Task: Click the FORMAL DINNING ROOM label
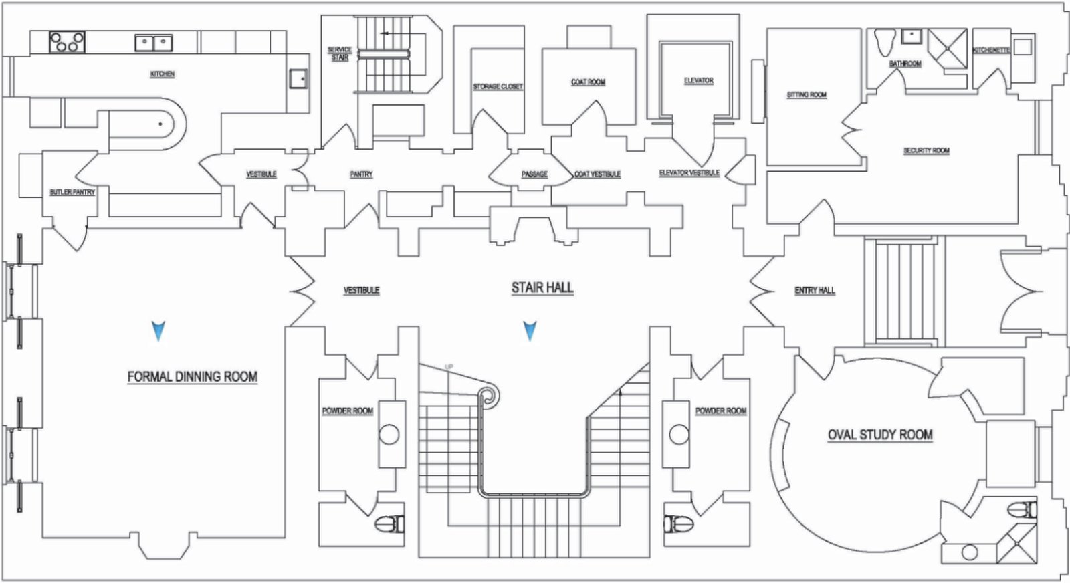point(193,376)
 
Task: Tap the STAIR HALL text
point(542,287)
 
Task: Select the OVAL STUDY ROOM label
point(880,435)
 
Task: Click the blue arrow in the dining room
point(158,331)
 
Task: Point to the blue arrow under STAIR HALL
point(530,331)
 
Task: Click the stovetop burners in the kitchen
point(67,42)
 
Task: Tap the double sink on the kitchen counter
point(154,43)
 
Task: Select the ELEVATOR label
point(698,80)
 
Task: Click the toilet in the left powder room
point(389,523)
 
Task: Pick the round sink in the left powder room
point(389,435)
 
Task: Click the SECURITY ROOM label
point(926,150)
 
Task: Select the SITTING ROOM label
point(807,94)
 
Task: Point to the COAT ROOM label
point(588,82)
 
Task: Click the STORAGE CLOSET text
point(498,86)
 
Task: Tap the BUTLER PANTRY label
point(72,192)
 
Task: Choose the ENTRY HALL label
point(815,290)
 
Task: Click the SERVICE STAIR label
point(340,54)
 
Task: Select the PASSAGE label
point(534,174)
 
